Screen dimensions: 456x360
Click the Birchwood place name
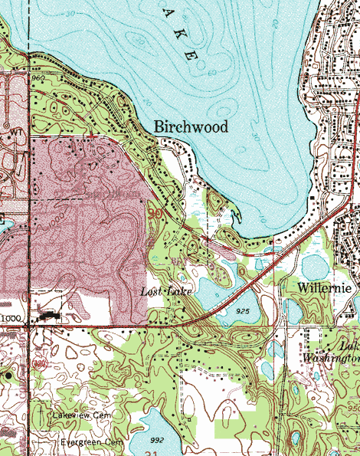[191, 127]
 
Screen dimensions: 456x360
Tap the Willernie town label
[326, 288]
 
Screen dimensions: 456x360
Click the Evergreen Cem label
[92, 443]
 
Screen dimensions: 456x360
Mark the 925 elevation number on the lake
[244, 312]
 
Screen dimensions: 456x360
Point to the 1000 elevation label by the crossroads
[11, 318]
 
